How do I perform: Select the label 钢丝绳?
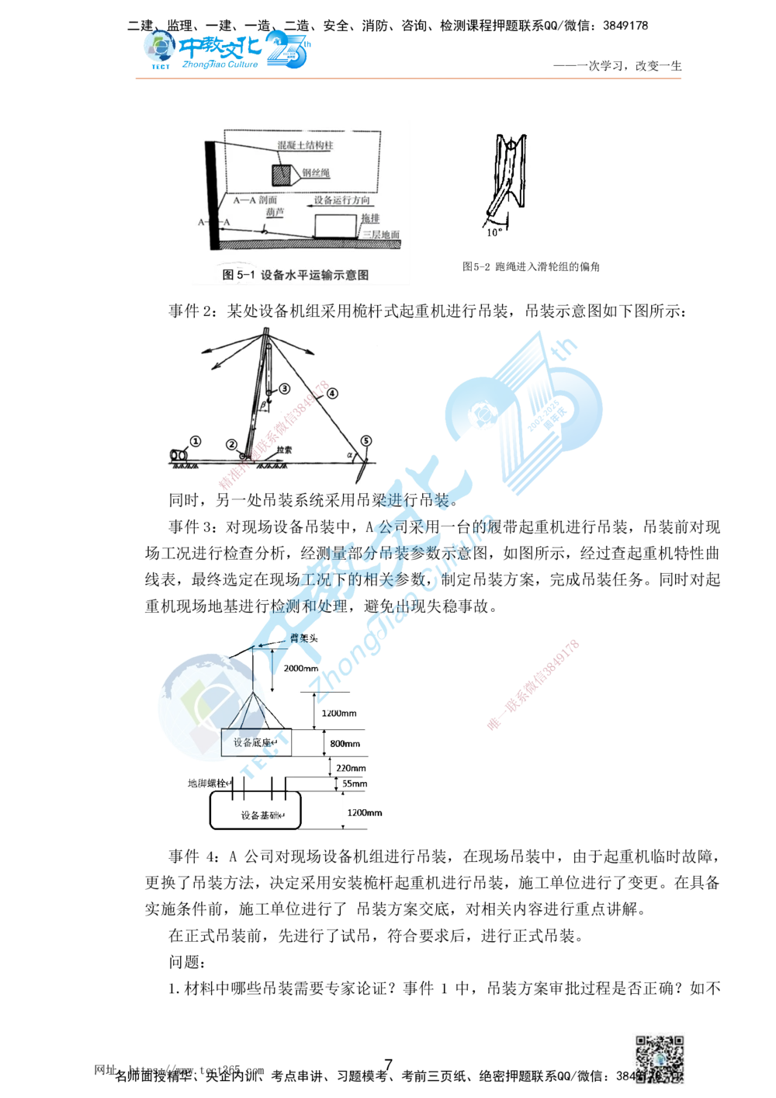coord(314,173)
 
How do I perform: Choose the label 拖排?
coord(371,219)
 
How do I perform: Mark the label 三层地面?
coord(380,235)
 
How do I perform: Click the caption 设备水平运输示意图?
coord(314,275)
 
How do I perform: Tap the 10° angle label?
coord(494,231)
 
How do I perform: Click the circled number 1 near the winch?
coord(196,440)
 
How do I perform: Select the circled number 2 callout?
coord(230,444)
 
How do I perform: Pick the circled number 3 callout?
coord(284,388)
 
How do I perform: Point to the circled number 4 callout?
coord(332,393)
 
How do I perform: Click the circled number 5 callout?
coord(365,441)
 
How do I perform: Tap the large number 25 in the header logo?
coord(289,51)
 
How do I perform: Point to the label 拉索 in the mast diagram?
coord(284,450)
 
